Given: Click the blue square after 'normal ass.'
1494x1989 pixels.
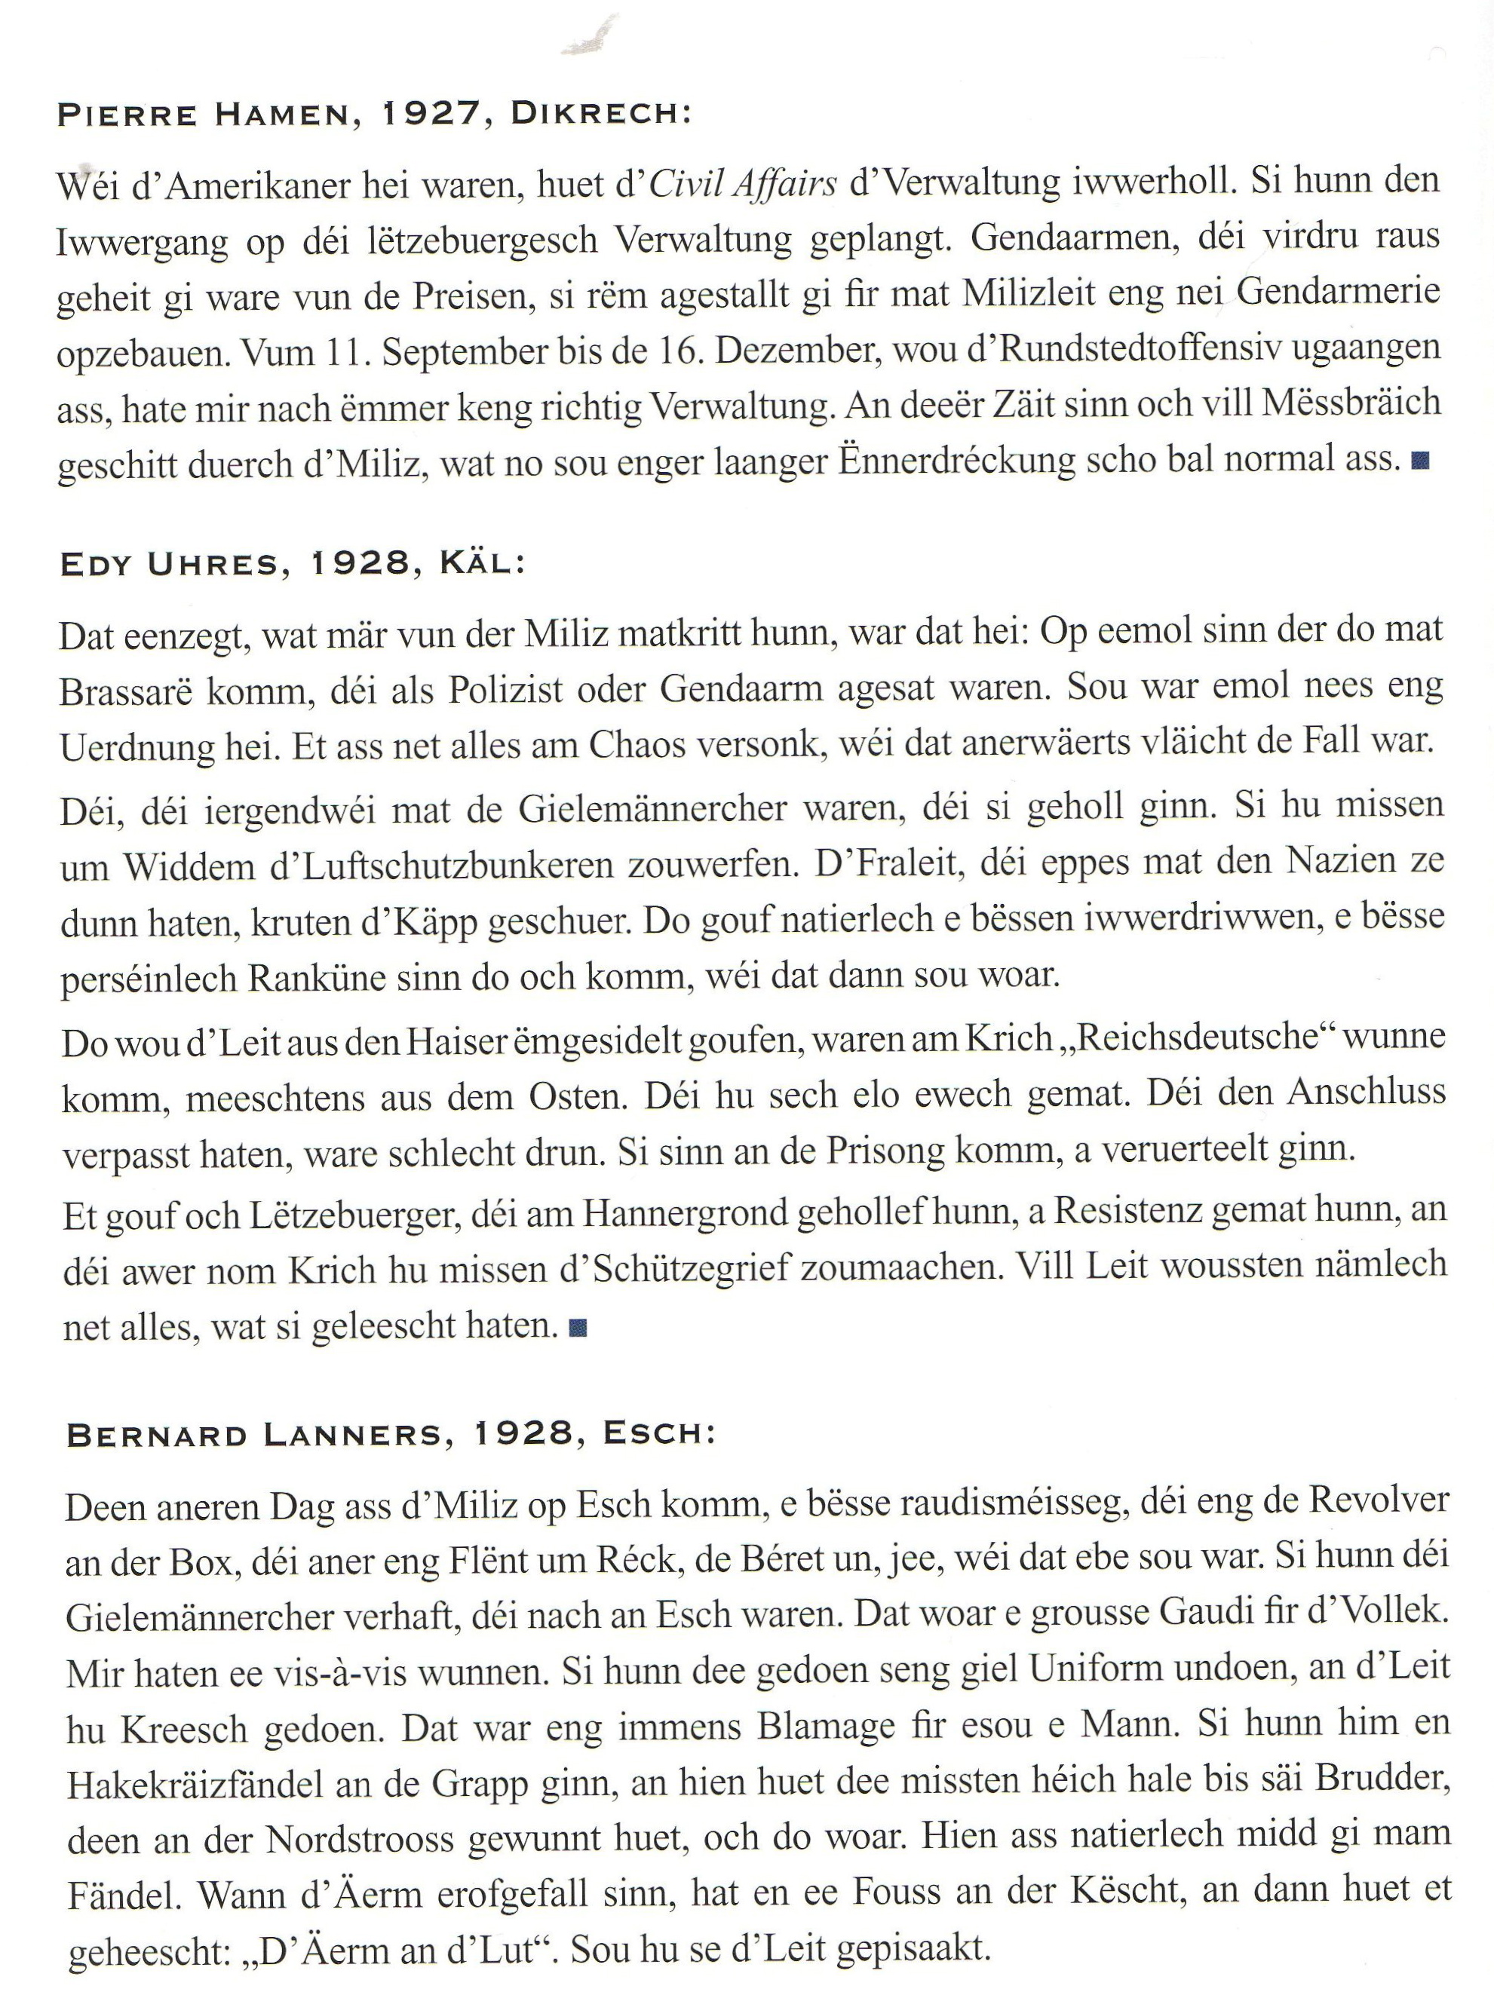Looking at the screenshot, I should coord(1420,461).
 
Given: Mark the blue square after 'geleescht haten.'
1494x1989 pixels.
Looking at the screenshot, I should coord(579,1327).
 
